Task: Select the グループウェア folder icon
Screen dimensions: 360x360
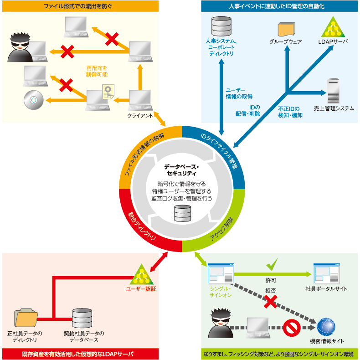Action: [286, 29]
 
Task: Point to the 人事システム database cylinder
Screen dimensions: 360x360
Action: [221, 27]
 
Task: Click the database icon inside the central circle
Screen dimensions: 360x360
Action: [182, 213]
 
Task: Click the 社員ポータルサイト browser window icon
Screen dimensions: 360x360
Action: [326, 274]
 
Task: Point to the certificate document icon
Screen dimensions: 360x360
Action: [108, 93]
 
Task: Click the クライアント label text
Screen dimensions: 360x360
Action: [140, 116]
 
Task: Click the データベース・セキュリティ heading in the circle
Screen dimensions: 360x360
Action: [181, 170]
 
